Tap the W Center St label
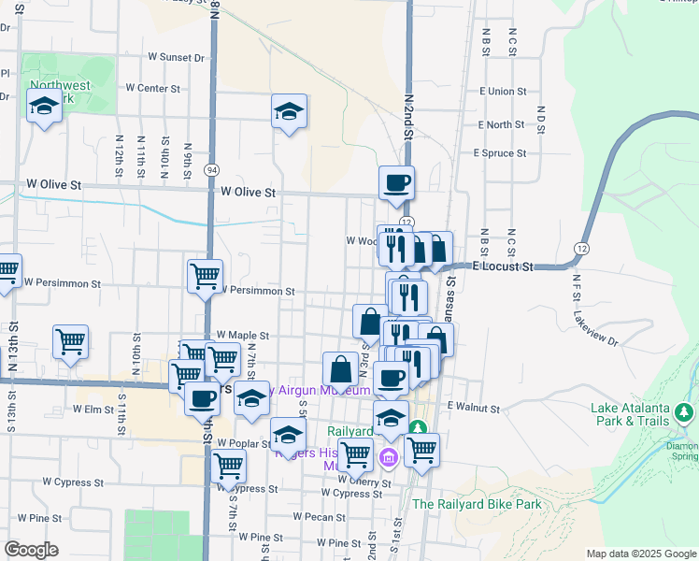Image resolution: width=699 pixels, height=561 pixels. tap(151, 89)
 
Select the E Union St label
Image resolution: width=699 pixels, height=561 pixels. tap(508, 92)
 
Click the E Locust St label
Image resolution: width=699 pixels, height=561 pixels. tap(503, 266)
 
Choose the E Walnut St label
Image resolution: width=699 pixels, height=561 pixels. tap(475, 407)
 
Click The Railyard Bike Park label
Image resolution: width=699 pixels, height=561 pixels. tap(477, 504)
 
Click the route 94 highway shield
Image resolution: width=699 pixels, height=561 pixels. tap(213, 170)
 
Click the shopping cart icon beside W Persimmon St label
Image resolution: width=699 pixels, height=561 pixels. tap(205, 276)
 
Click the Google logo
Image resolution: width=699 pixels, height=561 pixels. tap(31, 550)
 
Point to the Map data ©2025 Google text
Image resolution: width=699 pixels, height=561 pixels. tap(640, 554)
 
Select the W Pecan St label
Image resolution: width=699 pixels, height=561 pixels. tap(319, 516)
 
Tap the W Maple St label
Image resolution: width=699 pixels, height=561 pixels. tap(242, 335)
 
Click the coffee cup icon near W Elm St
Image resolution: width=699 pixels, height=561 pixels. tap(201, 399)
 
